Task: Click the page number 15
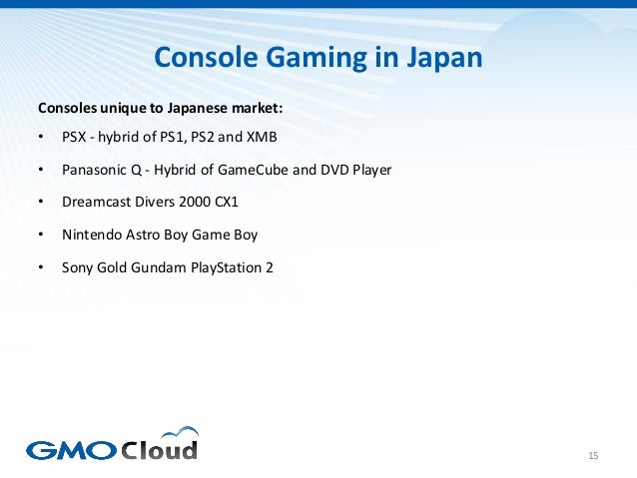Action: point(593,456)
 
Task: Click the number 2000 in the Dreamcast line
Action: point(195,202)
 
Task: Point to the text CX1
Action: point(227,202)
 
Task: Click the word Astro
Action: point(145,235)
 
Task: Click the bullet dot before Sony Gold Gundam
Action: point(40,267)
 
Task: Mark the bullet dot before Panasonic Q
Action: point(40,170)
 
